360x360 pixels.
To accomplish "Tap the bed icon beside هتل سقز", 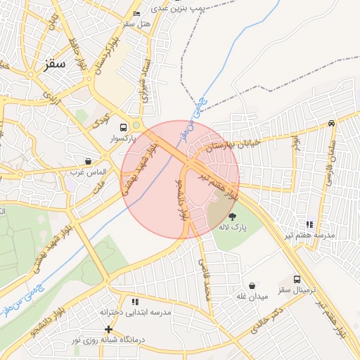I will coord(136,14).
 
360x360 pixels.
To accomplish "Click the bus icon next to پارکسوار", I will coord(124,128).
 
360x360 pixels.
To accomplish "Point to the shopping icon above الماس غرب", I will coord(88,161).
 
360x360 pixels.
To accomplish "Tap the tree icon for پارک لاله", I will coord(233,216).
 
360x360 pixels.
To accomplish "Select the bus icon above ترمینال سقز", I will coord(297,279).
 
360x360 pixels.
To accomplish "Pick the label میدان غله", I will coord(252,297).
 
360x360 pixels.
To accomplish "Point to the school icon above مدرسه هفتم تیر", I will coord(307,224).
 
